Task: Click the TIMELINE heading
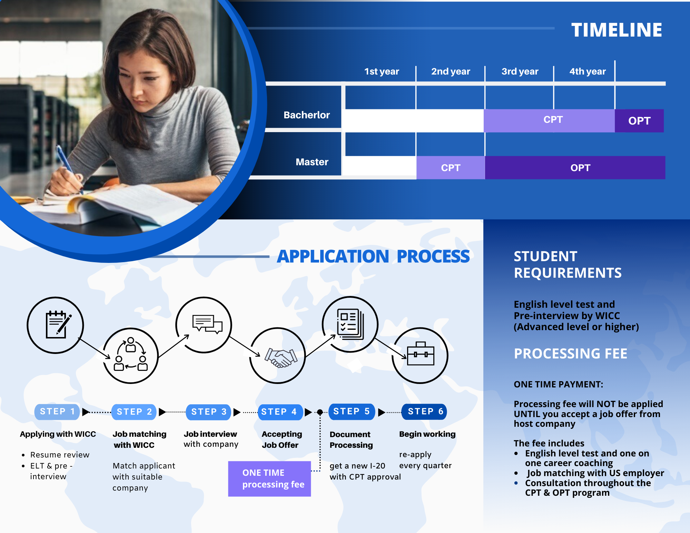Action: click(x=617, y=30)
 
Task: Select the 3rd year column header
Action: click(x=520, y=71)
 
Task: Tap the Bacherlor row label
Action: click(x=306, y=115)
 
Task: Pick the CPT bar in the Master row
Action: click(x=451, y=168)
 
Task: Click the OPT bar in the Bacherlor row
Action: click(x=639, y=121)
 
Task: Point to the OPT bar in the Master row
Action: click(x=580, y=168)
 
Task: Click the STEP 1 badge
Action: click(x=57, y=412)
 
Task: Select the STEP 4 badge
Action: click(x=279, y=412)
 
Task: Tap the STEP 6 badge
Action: click(x=425, y=412)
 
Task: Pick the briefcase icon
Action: click(x=420, y=354)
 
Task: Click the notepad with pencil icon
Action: click(x=57, y=325)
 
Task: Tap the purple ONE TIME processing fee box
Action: click(x=269, y=478)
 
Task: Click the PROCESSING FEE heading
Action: click(x=570, y=354)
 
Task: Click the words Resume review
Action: click(x=60, y=455)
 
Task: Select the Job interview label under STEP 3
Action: click(x=210, y=434)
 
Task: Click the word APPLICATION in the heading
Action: click(x=333, y=256)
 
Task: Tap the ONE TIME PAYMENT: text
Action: click(x=558, y=384)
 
